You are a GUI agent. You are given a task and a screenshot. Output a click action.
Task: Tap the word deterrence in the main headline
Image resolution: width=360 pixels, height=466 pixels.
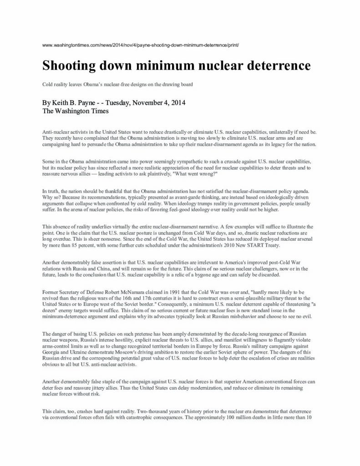(x=278, y=66)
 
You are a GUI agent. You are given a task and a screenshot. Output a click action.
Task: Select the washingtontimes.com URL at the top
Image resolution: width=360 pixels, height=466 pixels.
(x=141, y=46)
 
